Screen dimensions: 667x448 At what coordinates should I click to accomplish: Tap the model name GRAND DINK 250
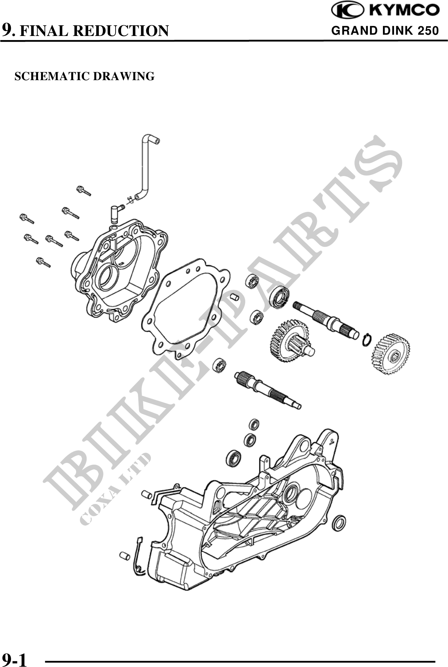tap(385, 31)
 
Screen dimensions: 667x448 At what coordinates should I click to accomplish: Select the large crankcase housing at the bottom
tap(246, 517)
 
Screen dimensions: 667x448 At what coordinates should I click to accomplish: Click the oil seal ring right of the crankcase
tap(340, 523)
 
